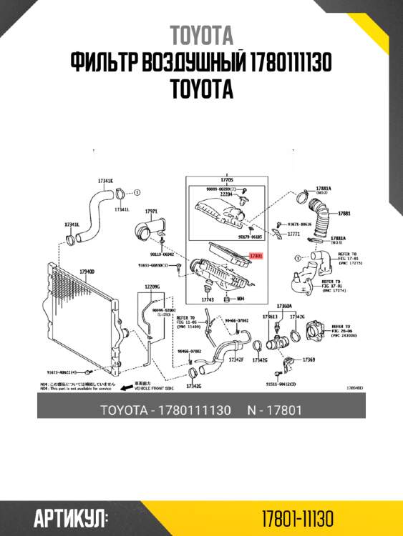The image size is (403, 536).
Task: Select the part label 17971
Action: (151, 212)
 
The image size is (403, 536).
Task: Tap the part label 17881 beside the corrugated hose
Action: (344, 213)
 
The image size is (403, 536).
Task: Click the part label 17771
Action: (292, 234)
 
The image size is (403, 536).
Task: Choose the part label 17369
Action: (309, 359)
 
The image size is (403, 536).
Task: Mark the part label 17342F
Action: (236, 359)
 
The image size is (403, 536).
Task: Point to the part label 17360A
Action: (284, 306)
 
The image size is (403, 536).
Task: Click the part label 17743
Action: (208, 300)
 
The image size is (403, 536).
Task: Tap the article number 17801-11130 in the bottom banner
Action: (297, 517)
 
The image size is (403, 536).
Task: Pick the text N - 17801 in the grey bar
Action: (273, 410)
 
